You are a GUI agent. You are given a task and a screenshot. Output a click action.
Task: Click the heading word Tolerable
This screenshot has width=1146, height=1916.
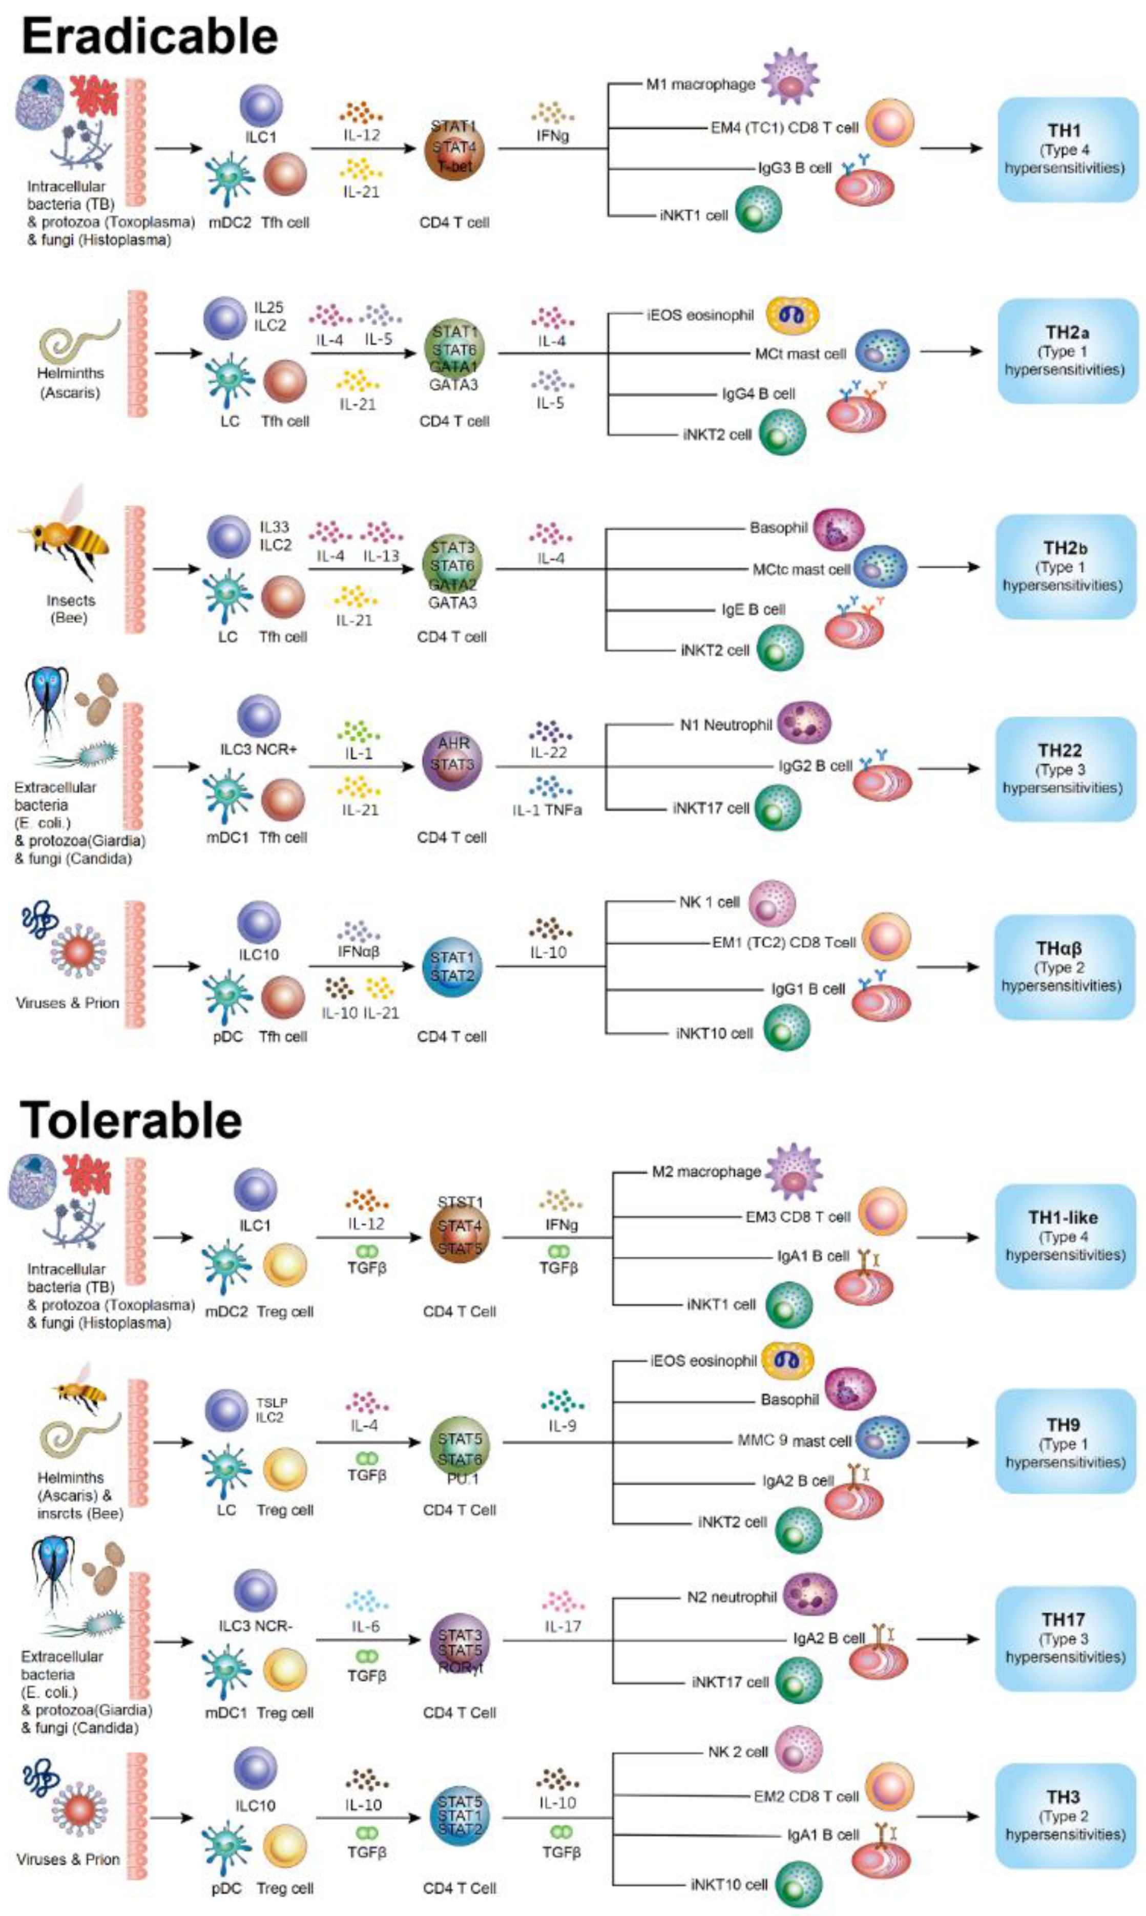click(x=131, y=1120)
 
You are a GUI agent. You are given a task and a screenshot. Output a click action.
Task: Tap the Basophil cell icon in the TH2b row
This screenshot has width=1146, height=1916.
click(x=839, y=530)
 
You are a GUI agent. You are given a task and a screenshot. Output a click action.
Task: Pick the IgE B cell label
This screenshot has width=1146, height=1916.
click(x=753, y=609)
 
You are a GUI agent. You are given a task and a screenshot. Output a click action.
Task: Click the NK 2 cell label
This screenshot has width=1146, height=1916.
click(x=738, y=1752)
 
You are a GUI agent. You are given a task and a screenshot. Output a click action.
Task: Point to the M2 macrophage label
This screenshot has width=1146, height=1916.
click(x=706, y=1172)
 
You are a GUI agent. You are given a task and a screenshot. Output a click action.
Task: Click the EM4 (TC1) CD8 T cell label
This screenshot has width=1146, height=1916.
click(x=784, y=128)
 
